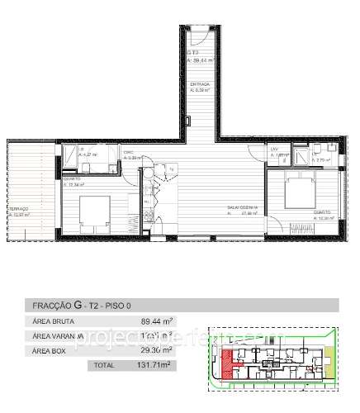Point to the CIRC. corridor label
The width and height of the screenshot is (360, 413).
(128, 154)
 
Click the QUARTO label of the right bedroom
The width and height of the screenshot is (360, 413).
(322, 211)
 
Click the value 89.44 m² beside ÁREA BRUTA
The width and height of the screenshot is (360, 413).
(159, 321)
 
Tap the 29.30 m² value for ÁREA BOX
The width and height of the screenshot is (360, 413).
(159, 350)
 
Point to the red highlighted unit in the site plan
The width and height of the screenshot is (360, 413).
(227, 360)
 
